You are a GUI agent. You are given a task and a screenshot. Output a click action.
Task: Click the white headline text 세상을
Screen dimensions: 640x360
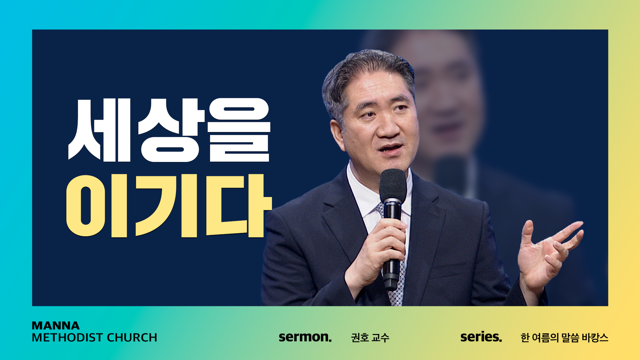point(169,130)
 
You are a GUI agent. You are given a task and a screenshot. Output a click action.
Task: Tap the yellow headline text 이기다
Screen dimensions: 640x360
point(169,206)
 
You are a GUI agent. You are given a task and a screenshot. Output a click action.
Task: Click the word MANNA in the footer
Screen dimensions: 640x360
point(56,325)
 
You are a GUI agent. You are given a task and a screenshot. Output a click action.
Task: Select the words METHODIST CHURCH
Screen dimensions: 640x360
point(94,338)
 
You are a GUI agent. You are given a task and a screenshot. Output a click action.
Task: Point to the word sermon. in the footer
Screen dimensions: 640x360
point(305,337)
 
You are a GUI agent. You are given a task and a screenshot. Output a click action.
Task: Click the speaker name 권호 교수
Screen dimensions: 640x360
point(370,338)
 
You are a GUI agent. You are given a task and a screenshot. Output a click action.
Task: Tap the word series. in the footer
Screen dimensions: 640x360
point(481,337)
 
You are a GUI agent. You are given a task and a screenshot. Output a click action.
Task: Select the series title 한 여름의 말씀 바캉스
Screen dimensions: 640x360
point(564,338)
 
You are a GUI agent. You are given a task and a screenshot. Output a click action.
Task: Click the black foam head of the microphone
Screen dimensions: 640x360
point(393,185)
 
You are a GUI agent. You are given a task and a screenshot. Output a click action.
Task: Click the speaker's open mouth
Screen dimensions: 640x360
point(391,148)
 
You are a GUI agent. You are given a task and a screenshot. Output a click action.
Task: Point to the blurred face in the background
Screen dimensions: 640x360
point(447,100)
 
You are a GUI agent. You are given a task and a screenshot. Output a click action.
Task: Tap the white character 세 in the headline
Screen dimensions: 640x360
point(99,130)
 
